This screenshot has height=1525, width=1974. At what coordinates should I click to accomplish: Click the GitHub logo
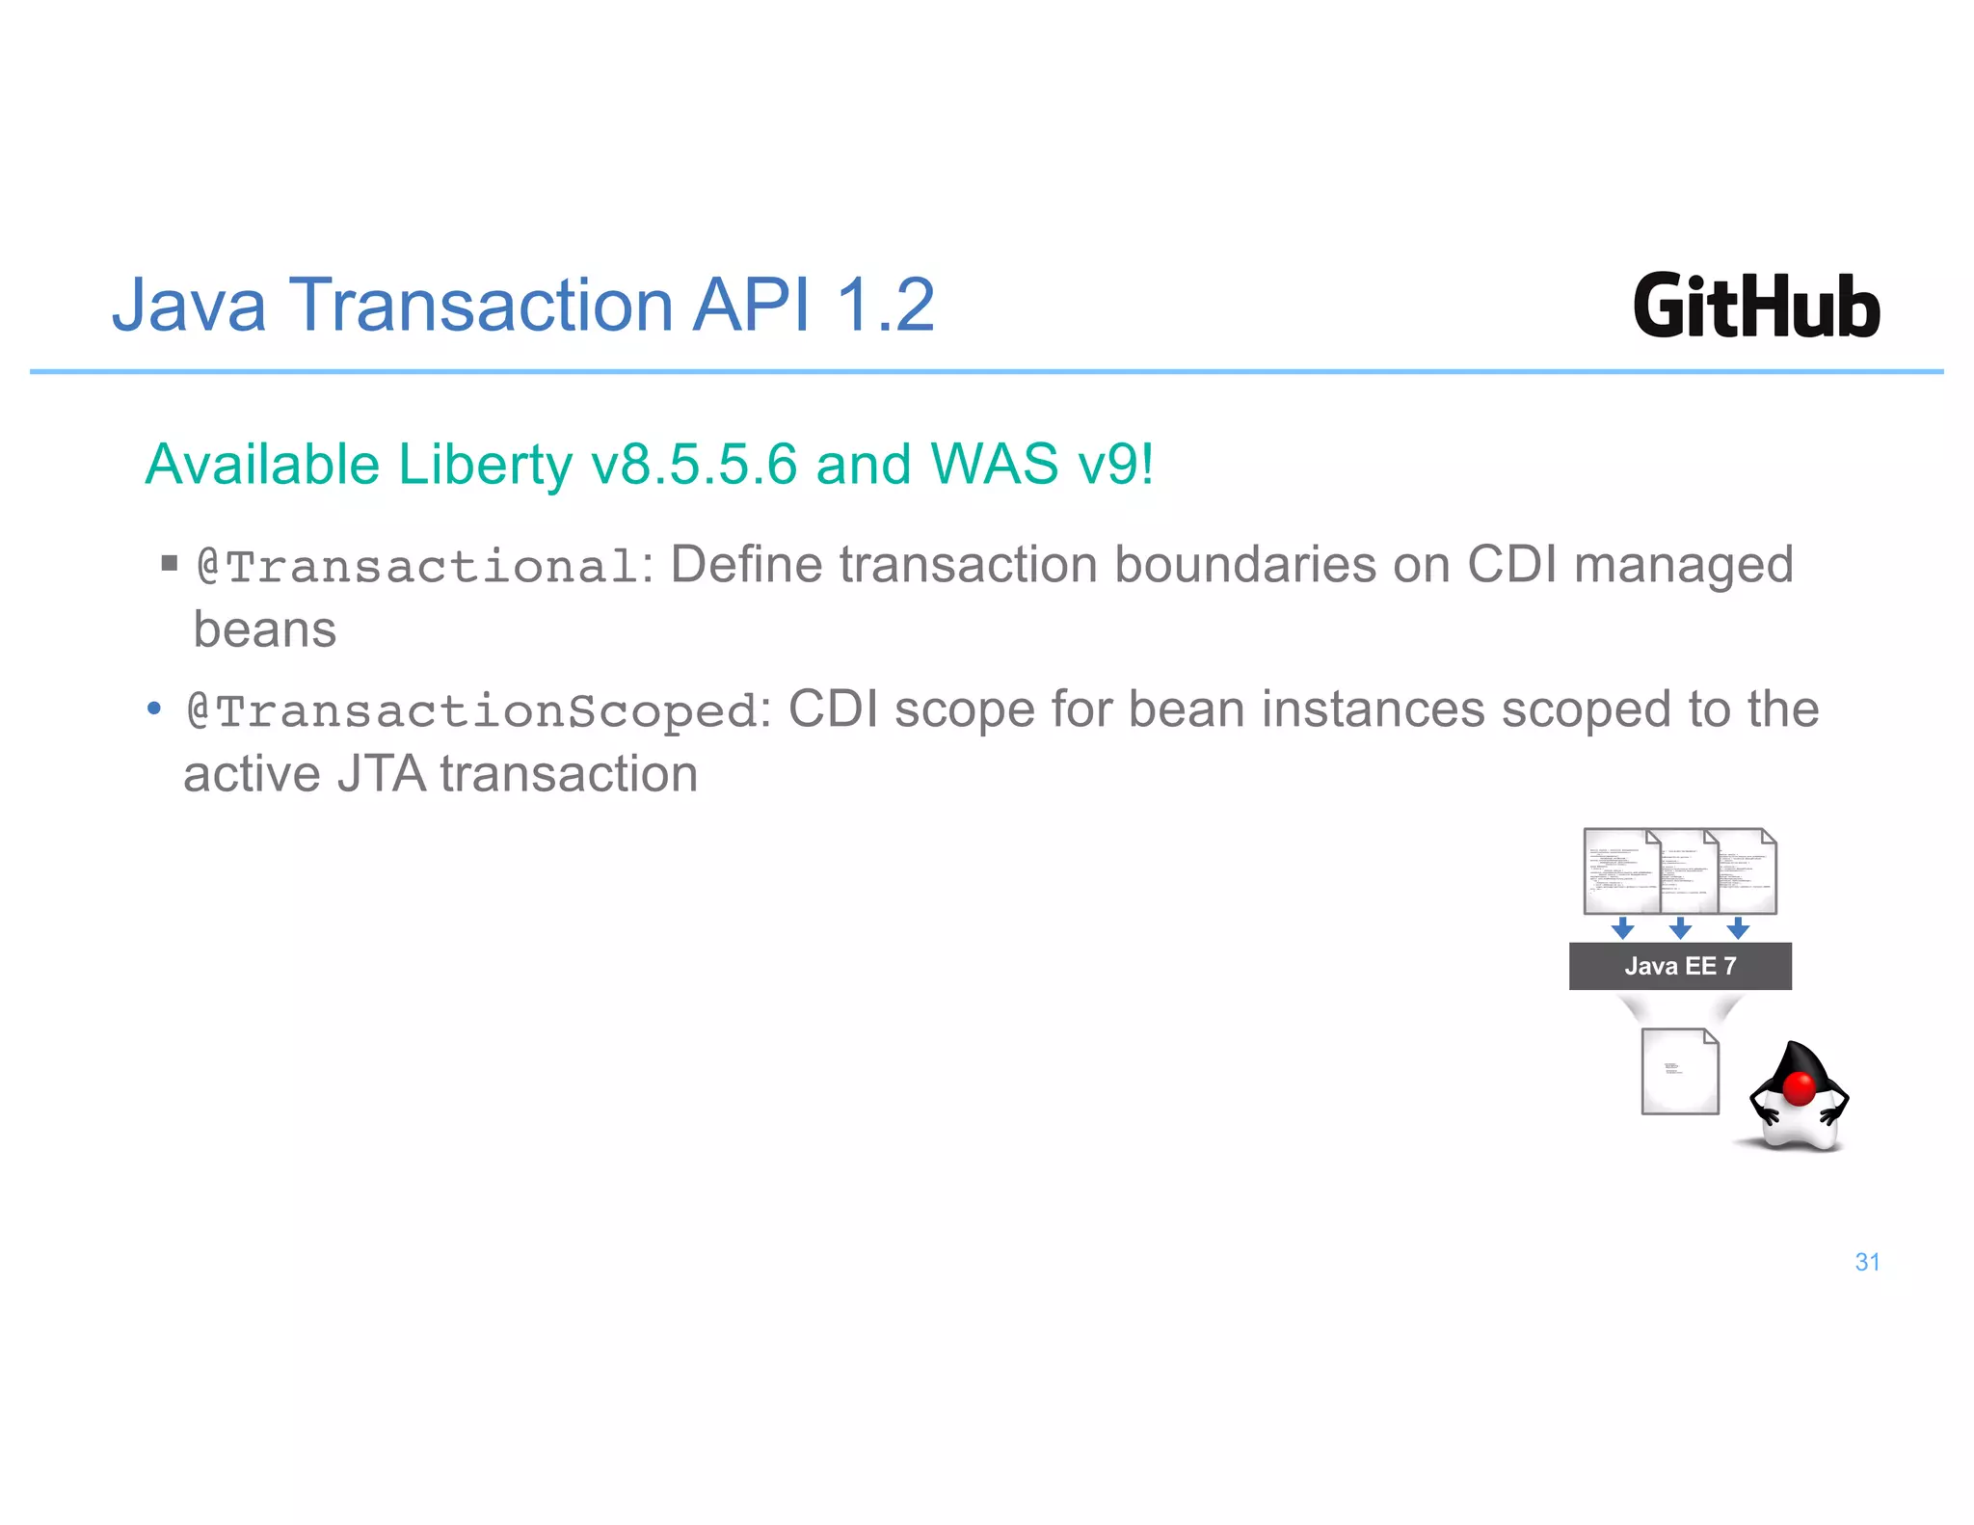(x=1756, y=307)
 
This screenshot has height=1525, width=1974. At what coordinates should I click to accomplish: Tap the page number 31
(x=1867, y=1262)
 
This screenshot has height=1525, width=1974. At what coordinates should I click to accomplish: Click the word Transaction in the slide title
(x=483, y=306)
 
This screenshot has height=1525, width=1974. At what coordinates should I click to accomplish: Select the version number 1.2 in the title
(x=885, y=306)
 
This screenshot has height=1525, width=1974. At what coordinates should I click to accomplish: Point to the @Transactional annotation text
(x=416, y=566)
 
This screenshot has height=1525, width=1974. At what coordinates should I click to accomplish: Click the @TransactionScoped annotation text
(x=472, y=711)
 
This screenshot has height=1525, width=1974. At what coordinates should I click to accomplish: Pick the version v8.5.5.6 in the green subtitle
(x=694, y=465)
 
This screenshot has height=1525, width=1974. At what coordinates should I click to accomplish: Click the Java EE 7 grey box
(x=1680, y=966)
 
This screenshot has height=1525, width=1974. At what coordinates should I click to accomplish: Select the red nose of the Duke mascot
(x=1799, y=1088)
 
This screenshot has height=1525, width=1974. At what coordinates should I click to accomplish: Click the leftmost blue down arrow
(x=1623, y=928)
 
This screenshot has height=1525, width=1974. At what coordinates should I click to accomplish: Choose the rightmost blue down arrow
(x=1738, y=928)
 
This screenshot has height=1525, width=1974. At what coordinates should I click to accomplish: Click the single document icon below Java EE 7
(x=1680, y=1071)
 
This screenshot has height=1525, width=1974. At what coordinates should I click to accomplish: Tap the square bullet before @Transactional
(x=170, y=563)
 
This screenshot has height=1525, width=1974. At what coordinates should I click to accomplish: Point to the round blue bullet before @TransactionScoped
(x=153, y=709)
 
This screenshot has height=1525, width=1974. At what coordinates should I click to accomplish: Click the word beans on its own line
(x=265, y=630)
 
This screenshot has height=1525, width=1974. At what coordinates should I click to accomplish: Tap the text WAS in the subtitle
(x=995, y=465)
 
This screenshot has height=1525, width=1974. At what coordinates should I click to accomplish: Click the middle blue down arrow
(x=1680, y=928)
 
